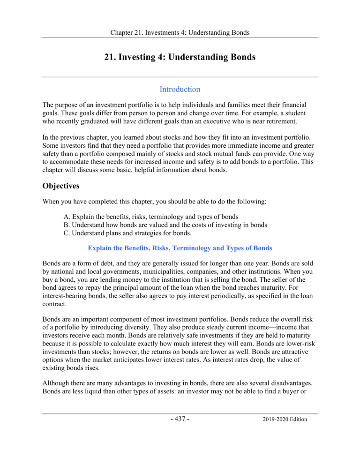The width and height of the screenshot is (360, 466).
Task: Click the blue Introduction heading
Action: pyautogui.click(x=180, y=89)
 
